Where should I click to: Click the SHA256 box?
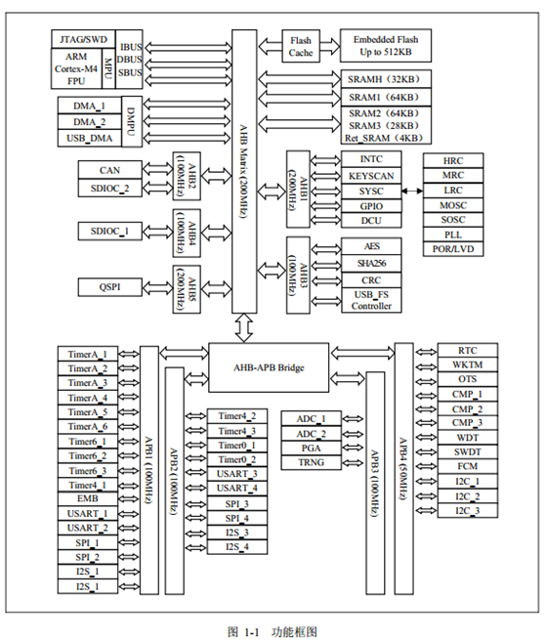pos(371,264)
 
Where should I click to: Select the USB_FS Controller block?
pos(371,300)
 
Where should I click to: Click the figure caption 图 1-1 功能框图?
pos(273,631)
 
